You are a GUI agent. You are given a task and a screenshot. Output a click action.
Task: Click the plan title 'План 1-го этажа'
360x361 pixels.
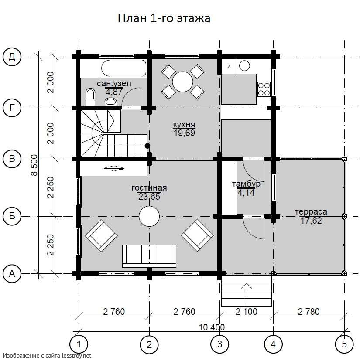(x=164, y=18)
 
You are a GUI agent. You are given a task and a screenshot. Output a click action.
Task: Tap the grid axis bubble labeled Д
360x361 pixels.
(x=12, y=57)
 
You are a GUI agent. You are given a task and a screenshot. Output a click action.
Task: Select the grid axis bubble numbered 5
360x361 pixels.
(x=344, y=344)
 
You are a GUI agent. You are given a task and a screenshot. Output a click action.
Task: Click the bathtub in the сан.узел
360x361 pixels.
(x=124, y=68)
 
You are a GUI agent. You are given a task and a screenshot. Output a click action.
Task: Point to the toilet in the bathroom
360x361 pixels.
(x=90, y=97)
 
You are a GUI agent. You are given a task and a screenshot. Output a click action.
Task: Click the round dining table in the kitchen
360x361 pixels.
(x=182, y=82)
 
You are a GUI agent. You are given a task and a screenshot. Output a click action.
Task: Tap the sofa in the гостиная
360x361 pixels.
(x=149, y=256)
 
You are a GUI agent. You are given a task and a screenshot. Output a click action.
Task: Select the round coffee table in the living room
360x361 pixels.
(x=149, y=216)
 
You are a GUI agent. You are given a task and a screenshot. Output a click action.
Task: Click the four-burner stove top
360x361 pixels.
(x=264, y=89)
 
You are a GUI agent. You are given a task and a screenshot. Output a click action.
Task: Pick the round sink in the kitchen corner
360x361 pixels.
(x=244, y=65)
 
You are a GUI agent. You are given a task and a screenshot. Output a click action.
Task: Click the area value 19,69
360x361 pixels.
(x=184, y=133)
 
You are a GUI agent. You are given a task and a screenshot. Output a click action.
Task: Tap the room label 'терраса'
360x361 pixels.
(x=311, y=211)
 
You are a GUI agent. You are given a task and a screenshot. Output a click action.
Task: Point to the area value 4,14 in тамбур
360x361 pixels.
(x=246, y=193)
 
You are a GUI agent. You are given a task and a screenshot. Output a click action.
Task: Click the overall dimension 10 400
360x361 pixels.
(x=212, y=327)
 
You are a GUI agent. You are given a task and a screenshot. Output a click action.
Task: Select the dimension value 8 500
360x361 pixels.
(x=34, y=165)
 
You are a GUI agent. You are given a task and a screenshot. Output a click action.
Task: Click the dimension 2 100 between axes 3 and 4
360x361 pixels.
(x=247, y=311)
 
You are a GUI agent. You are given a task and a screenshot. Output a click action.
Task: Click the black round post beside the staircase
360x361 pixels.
(x=147, y=146)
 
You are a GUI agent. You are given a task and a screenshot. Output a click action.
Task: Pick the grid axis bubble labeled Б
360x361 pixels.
(x=12, y=216)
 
